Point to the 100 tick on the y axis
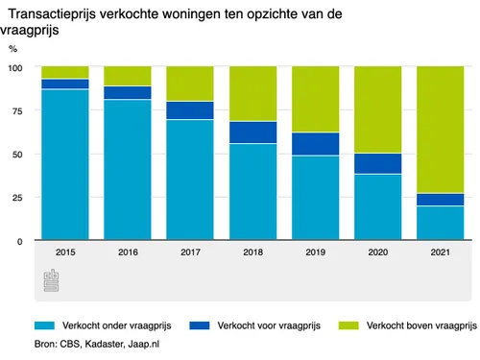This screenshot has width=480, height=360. coord(15,68)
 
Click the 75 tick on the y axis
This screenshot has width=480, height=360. coord(18,111)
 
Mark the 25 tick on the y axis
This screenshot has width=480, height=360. coord(18,198)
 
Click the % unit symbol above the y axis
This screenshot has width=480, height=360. coord(13,48)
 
